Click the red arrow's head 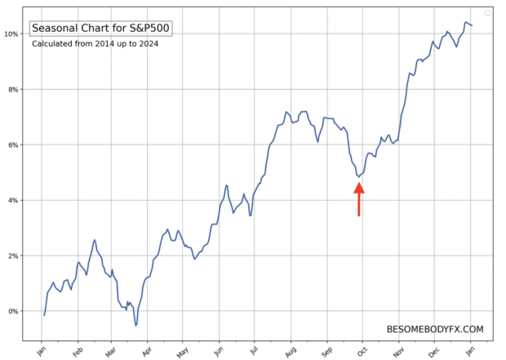(x=358, y=189)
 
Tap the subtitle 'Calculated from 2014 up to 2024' (x=95, y=44)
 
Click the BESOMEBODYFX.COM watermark (x=435, y=330)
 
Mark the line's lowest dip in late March (x=135, y=325)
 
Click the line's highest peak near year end (x=466, y=22)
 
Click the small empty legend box (x=487, y=12)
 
